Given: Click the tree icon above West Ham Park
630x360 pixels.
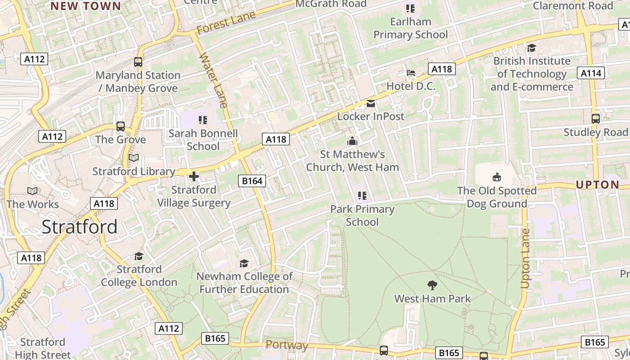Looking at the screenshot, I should (x=432, y=285).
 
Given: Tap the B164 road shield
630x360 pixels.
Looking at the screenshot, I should (x=252, y=181).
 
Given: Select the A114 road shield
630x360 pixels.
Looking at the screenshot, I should (x=591, y=73).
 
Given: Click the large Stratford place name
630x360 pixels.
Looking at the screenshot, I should (x=80, y=227).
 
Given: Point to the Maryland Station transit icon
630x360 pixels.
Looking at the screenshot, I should (x=138, y=62).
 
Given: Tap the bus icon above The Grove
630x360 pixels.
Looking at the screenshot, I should (x=121, y=126).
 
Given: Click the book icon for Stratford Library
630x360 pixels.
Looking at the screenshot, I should (x=134, y=158).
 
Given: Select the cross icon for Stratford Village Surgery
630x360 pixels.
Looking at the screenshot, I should (x=194, y=176).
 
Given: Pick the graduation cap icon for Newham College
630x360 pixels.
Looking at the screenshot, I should (x=244, y=263).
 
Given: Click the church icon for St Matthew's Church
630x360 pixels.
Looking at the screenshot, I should (x=352, y=141).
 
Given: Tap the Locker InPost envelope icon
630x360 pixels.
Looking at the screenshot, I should (x=371, y=103).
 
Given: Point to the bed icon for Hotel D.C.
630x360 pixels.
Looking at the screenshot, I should (x=411, y=73).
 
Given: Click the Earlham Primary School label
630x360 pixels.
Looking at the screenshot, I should (x=410, y=28).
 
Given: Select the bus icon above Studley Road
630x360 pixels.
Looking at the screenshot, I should (x=595, y=119).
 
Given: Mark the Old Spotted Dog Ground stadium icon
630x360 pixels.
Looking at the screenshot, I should (x=497, y=177).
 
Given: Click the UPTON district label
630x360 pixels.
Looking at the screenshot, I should (x=598, y=184).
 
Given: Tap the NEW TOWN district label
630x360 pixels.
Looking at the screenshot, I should (x=85, y=6).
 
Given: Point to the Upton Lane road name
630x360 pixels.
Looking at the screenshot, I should (x=525, y=259).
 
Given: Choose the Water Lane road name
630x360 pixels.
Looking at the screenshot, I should (x=213, y=80).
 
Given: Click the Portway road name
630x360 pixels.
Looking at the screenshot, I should (x=287, y=345).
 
